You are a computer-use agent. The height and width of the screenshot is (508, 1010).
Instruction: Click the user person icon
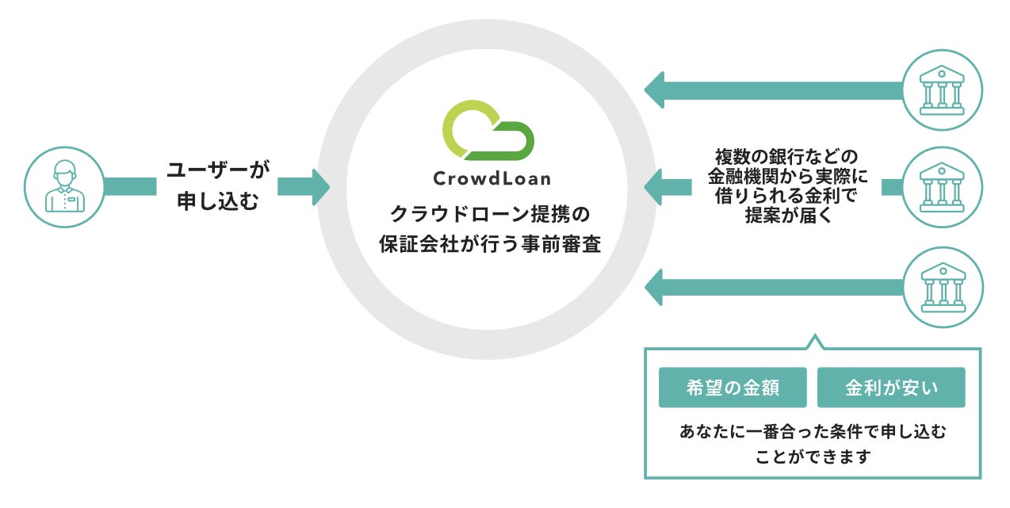(x=64, y=186)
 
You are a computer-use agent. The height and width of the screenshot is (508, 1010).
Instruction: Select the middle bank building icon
(x=942, y=187)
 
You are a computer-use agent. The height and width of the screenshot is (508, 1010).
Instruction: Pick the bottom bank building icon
(x=943, y=287)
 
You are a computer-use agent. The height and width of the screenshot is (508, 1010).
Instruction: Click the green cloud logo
(x=488, y=130)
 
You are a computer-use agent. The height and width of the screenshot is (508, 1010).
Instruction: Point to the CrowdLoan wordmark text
(x=492, y=179)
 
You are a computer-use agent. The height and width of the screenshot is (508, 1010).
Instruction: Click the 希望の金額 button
(x=733, y=388)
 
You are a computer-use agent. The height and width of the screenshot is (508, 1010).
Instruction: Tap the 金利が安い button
(x=891, y=388)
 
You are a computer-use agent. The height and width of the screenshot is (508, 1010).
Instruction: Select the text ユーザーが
(x=218, y=170)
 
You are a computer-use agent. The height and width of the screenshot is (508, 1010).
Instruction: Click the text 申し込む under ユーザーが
(x=218, y=201)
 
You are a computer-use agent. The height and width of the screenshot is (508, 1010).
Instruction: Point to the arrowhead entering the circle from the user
(x=321, y=187)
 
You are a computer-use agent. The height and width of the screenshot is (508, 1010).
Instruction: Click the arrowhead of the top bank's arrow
(x=654, y=90)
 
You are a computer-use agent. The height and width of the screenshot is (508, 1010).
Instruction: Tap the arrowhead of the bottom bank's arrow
(x=654, y=287)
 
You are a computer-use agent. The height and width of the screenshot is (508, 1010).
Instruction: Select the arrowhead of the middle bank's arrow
(x=653, y=187)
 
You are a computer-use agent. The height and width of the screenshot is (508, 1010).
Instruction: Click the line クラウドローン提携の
(x=490, y=214)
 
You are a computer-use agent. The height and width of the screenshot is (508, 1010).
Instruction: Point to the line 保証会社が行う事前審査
(x=490, y=244)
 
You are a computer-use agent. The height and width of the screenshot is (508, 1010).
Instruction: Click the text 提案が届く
(x=788, y=215)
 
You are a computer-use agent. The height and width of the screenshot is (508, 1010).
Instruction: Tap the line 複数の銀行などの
(x=786, y=156)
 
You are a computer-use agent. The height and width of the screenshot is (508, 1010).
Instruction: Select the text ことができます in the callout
(x=813, y=456)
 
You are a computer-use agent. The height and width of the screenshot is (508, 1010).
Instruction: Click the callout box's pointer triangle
(x=814, y=342)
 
